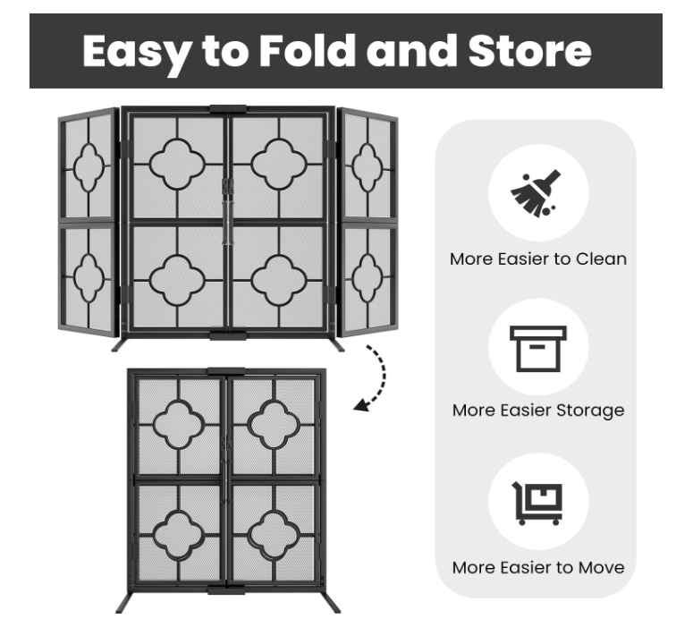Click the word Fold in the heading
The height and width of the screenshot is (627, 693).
tap(307, 51)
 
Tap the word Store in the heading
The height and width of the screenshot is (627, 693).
tap(529, 51)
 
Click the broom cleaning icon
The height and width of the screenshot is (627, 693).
tap(536, 193)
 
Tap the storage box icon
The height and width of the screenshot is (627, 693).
tap(538, 349)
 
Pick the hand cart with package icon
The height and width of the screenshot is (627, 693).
tap(537, 504)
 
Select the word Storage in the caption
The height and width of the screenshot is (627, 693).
tap(590, 411)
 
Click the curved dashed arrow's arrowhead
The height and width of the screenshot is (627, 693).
tap(361, 405)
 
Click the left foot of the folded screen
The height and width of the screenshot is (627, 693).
tap(124, 602)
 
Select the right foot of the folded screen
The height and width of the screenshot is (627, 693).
tap(332, 602)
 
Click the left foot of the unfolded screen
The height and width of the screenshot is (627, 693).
tap(120, 344)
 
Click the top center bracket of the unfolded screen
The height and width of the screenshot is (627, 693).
tap(228, 109)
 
